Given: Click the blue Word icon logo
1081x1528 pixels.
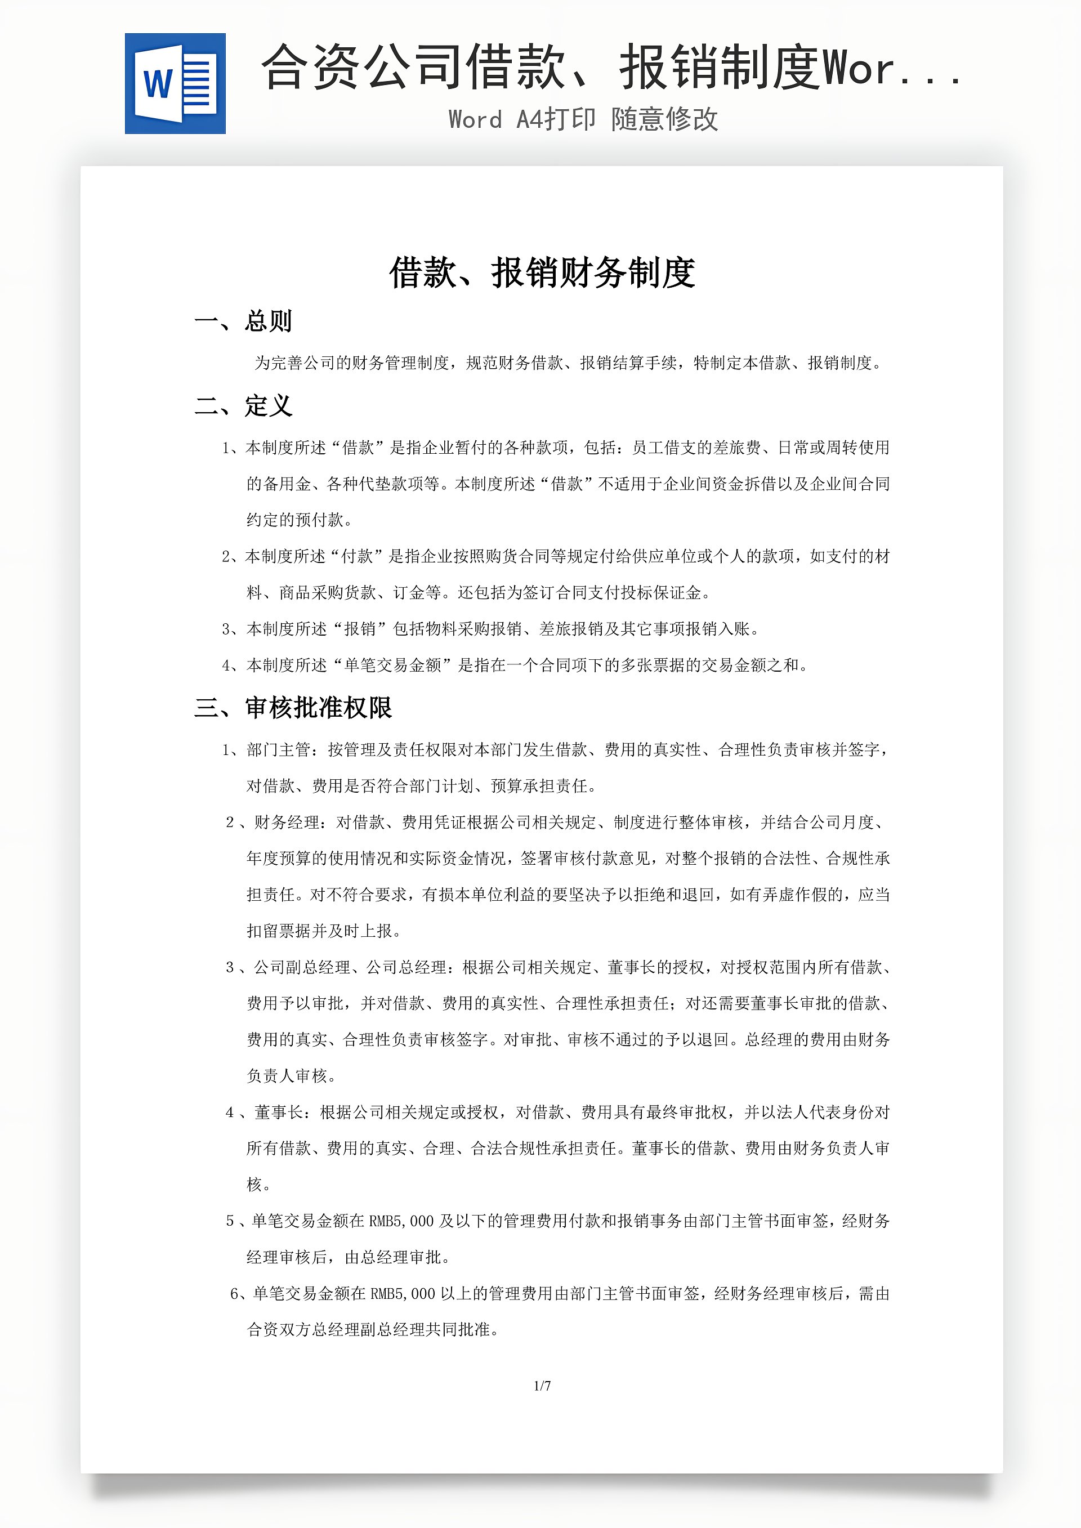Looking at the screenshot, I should coord(175,84).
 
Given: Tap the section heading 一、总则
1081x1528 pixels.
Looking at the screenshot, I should coord(244,321).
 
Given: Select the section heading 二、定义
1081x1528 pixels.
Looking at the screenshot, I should coord(244,406).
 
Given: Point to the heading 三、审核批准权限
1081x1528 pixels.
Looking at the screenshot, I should coord(293,708).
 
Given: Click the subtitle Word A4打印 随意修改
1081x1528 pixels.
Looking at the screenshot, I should coord(583,120).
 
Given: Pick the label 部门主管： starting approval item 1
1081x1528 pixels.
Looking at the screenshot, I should coord(286,750).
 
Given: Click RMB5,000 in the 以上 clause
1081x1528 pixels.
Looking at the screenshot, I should coord(403,1294).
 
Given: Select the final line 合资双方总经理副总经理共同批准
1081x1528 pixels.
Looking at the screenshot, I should coord(373,1330).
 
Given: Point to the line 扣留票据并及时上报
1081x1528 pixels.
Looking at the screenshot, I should coord(323,931).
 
